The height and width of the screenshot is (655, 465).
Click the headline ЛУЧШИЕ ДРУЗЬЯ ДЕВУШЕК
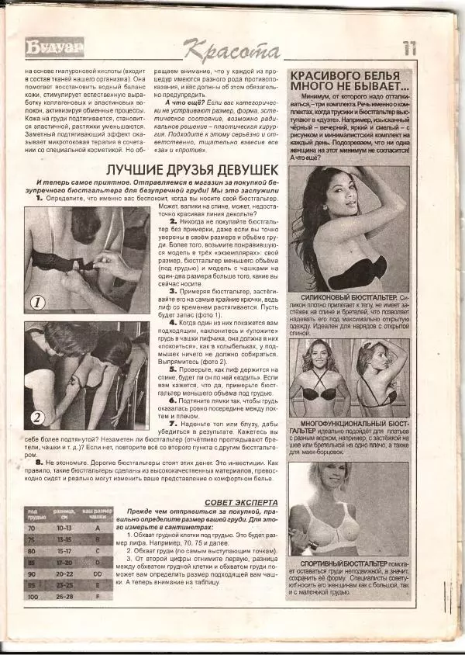tap(192, 169)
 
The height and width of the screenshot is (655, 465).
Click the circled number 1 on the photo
tap(39, 303)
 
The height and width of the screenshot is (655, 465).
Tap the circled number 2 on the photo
tap(36, 418)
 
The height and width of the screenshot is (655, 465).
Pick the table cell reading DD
tap(98, 574)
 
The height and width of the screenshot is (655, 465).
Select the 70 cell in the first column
tap(33, 527)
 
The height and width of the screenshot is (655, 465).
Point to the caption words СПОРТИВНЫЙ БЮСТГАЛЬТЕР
tap(334, 562)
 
